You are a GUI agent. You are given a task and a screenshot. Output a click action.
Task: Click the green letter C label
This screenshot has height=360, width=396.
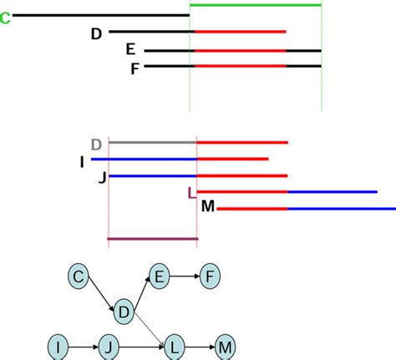pos(6,17)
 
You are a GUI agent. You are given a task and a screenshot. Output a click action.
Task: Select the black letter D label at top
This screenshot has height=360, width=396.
pos(96,33)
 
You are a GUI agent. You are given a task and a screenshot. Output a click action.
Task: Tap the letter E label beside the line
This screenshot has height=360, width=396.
pos(129,50)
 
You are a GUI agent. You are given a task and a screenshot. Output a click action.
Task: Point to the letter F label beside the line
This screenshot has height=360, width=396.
pos(134,68)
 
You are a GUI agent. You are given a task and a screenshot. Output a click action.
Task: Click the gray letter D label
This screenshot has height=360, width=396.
pos(97,144)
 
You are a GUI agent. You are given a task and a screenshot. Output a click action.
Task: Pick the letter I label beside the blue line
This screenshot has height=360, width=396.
pos(82,160)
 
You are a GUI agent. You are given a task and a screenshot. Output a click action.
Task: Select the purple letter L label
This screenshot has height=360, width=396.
pos(192,194)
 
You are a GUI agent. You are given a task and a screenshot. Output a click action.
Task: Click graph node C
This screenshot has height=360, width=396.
pos(79,276)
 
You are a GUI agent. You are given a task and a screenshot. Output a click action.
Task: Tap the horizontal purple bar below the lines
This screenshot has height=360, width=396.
pos(153,239)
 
